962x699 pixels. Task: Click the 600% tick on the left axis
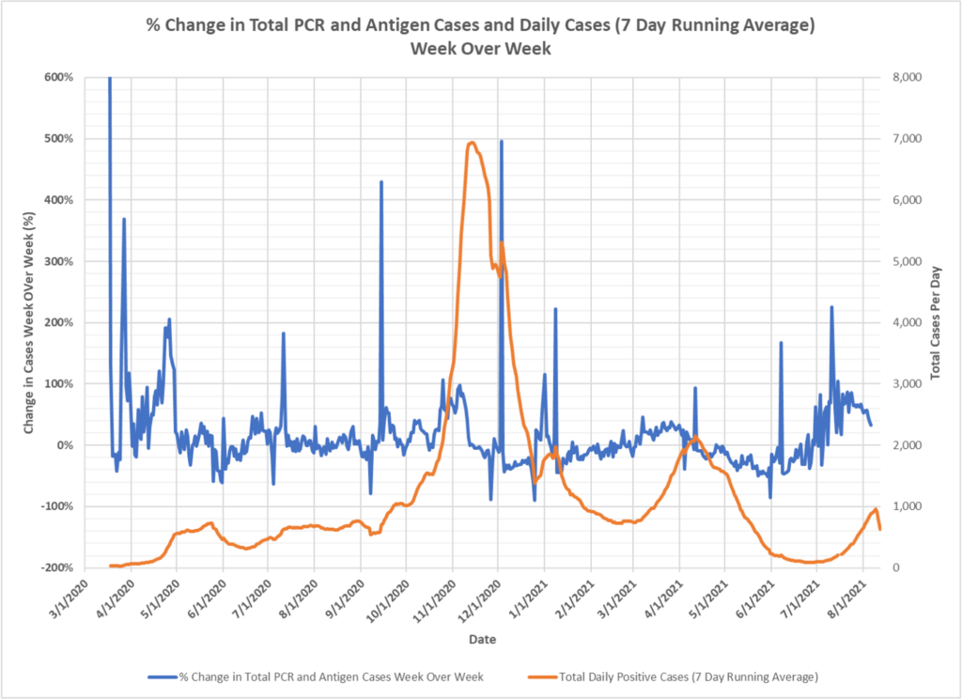(59, 77)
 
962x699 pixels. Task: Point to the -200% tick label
(57, 567)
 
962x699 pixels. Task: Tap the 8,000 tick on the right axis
(915, 77)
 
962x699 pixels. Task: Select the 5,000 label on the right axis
(915, 261)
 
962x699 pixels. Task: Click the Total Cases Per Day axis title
(936, 322)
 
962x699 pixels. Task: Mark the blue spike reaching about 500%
(502, 142)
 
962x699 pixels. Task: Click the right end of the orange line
(880, 529)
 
